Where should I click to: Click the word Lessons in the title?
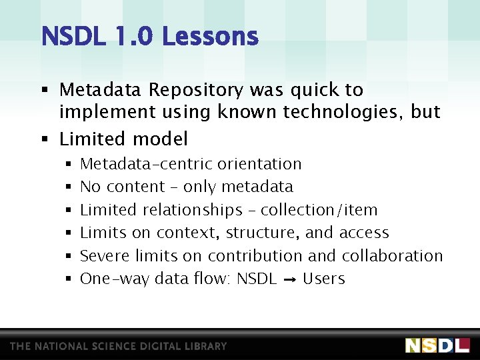210,36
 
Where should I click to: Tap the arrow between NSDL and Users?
289,279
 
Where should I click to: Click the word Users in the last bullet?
324,279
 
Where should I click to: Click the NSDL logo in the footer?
437,345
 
